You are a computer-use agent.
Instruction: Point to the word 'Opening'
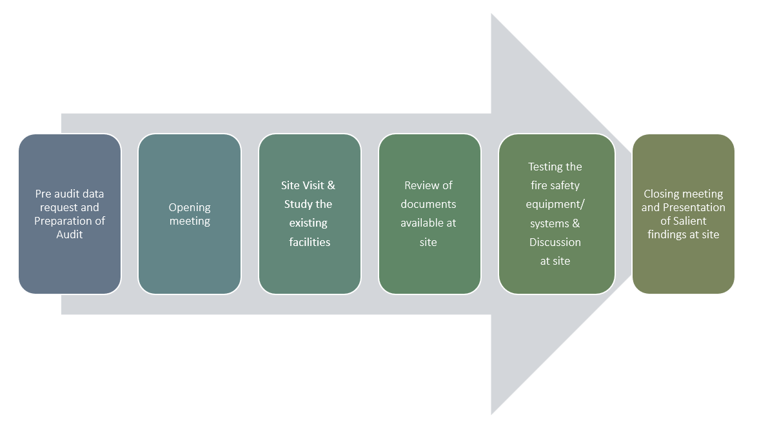click(x=190, y=208)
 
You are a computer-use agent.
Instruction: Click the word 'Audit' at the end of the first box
click(x=70, y=234)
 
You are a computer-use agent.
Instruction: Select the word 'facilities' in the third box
click(x=310, y=242)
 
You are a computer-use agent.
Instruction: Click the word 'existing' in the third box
click(x=308, y=223)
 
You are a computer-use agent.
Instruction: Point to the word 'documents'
click(x=428, y=205)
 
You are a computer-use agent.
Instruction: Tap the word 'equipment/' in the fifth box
click(x=555, y=205)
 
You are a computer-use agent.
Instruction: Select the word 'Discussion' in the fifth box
click(x=555, y=242)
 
